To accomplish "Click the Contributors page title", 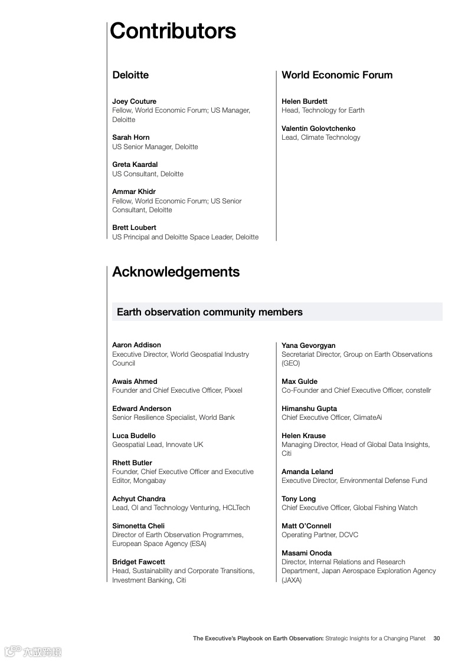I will click(173, 31).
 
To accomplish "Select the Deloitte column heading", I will click(130, 75).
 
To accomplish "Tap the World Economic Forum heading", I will click(337, 75).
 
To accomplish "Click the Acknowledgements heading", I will click(176, 272).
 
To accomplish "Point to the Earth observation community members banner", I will click(210, 312).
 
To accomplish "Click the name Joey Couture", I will click(134, 101).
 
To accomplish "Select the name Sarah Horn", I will click(130, 137).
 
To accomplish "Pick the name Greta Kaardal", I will click(135, 165).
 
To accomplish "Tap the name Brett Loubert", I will click(134, 228).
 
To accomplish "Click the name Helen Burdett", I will click(304, 101).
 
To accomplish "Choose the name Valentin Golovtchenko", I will click(318, 129).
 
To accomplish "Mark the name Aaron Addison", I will click(136, 345).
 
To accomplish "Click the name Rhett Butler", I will click(132, 463).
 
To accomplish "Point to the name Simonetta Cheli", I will click(138, 526).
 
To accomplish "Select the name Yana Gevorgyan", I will click(308, 346).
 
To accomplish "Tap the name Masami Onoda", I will click(306, 553).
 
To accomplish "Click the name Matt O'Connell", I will click(306, 526).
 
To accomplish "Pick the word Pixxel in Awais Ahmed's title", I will click(233, 390).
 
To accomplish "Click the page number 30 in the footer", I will click(437, 638).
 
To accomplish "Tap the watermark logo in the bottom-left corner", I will click(33, 651).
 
